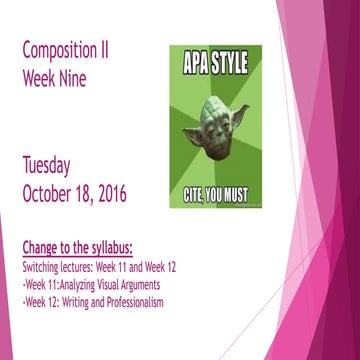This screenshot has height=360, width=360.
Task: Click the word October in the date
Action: tap(53, 191)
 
